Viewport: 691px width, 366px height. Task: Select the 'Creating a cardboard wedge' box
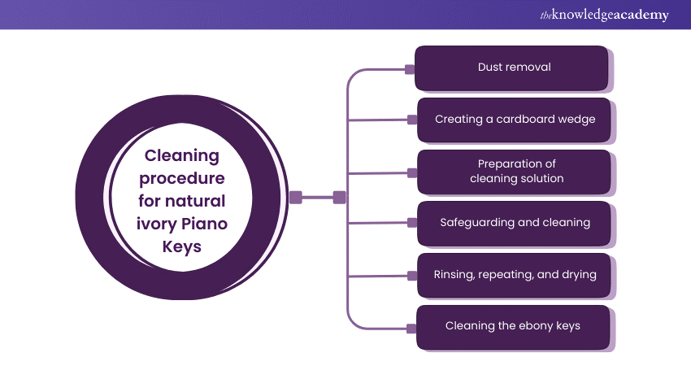[514, 120]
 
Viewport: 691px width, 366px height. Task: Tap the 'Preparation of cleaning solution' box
[514, 171]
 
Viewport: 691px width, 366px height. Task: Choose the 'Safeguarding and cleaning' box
[514, 222]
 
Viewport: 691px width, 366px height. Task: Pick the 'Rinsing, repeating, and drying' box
[514, 275]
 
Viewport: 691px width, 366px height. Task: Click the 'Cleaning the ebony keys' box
[514, 326]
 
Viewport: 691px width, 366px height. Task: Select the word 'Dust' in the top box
[491, 68]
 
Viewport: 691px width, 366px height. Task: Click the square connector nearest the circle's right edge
[296, 197]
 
